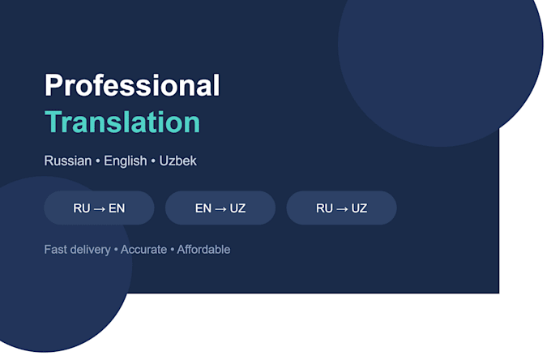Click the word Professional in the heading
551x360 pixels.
pos(132,85)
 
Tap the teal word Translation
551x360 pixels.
pos(122,122)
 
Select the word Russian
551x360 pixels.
pos(68,161)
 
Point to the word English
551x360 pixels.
pos(126,161)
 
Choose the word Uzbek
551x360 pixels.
pos(177,161)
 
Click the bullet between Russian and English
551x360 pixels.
pos(98,161)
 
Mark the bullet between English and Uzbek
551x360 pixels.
pos(153,161)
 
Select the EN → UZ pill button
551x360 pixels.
pos(220,208)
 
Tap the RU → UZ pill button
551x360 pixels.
pos(342,208)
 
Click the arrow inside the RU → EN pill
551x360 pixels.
pos(100,209)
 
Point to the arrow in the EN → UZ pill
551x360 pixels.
pos(220,209)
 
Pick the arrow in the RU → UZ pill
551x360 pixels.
pos(342,209)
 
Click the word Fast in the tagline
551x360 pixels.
pos(56,250)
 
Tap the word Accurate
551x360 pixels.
pos(143,250)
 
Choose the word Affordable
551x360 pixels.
pos(203,250)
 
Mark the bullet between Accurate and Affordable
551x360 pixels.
pos(172,250)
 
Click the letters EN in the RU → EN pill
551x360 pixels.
pos(117,208)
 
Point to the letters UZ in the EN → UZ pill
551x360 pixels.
pos(238,208)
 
